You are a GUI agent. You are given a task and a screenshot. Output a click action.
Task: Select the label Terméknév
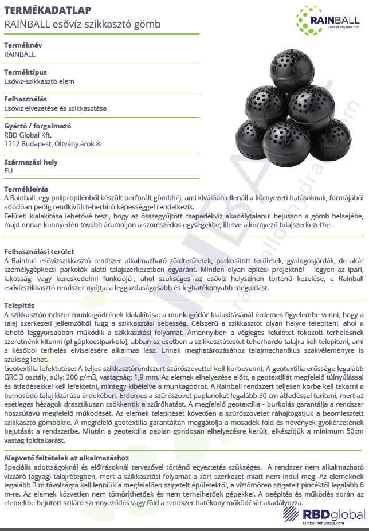click(x=22, y=45)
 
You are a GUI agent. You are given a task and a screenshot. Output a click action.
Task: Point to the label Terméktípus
click(x=23, y=72)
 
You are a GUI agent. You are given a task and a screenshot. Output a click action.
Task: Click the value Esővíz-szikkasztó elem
click(x=40, y=81)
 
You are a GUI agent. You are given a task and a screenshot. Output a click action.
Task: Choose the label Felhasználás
click(x=26, y=99)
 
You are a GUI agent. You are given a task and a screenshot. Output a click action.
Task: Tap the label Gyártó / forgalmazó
click(x=37, y=126)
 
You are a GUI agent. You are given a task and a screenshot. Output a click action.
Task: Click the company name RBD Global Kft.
click(x=28, y=135)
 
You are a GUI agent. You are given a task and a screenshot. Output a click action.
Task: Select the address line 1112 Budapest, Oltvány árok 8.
click(x=53, y=143)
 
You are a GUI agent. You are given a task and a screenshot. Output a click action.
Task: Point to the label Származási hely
click(x=31, y=162)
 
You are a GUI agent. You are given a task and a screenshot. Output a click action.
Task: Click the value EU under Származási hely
click(x=8, y=171)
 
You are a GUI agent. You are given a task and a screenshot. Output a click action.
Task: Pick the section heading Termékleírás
click(x=26, y=189)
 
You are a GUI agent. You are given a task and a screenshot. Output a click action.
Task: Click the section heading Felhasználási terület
click(x=38, y=251)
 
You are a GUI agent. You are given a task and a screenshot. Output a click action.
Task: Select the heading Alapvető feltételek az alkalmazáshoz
click(x=66, y=458)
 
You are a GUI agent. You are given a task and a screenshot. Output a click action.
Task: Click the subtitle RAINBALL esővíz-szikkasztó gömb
click(x=82, y=24)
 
